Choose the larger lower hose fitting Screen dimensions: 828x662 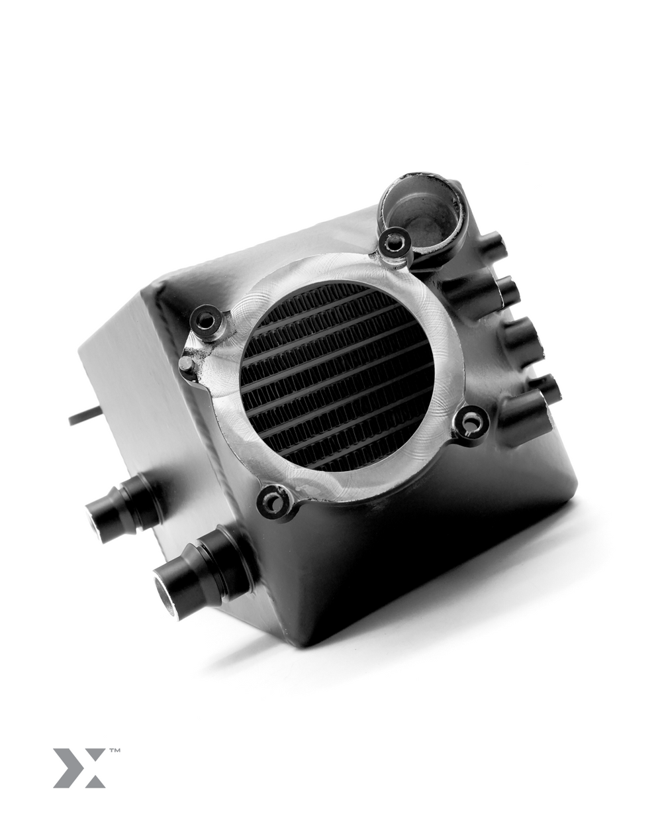(x=199, y=563)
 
